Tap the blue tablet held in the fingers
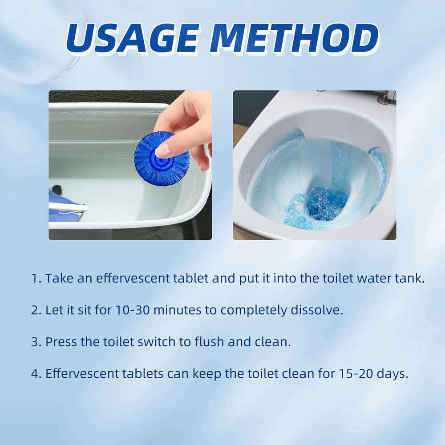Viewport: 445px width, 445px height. click(161, 159)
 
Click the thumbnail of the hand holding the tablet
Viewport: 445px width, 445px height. click(130, 165)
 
